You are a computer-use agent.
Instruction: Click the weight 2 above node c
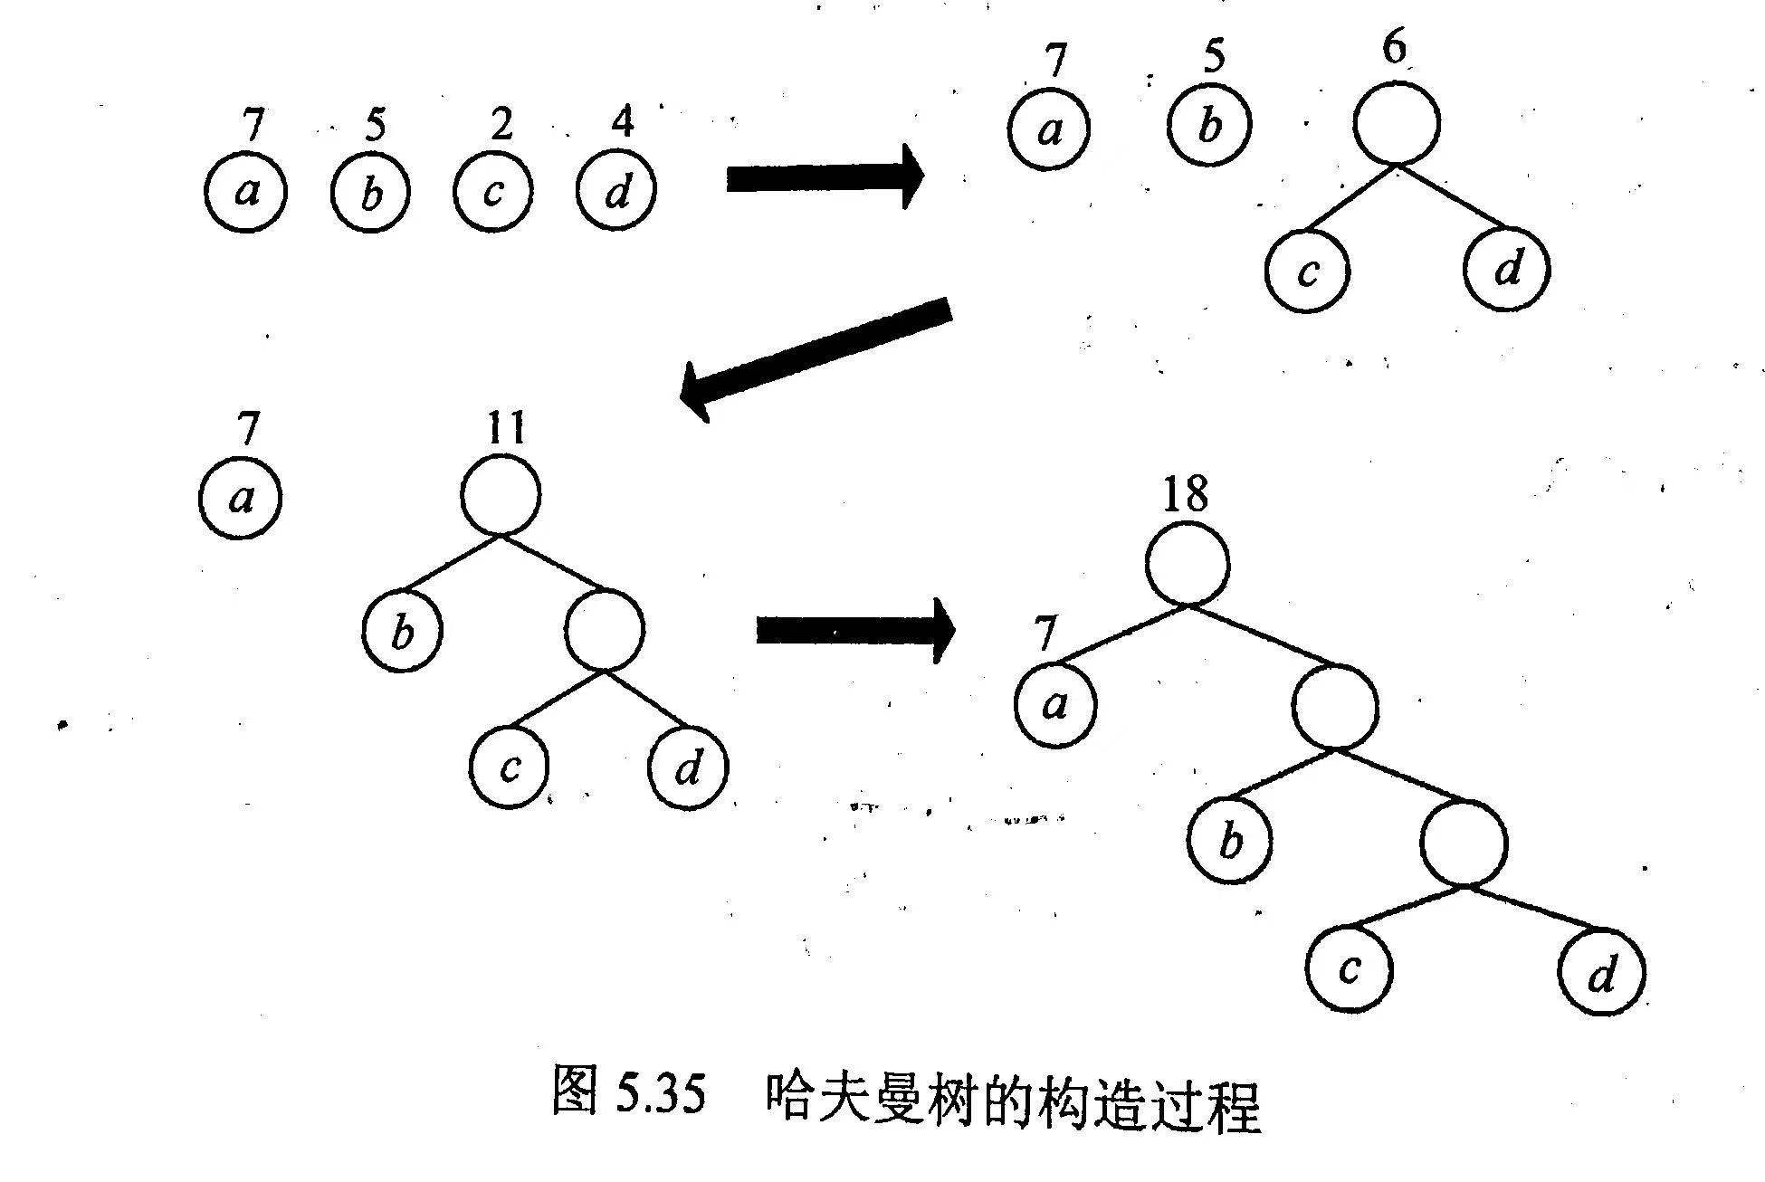(501, 125)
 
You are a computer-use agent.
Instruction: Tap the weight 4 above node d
(622, 121)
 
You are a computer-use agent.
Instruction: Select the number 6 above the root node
(1395, 48)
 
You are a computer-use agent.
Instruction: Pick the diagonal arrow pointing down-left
(815, 357)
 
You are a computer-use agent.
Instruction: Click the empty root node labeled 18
(1188, 564)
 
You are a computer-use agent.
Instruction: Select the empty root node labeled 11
(501, 496)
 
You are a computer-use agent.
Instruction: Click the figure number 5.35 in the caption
(659, 1097)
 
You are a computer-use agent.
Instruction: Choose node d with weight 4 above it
(616, 192)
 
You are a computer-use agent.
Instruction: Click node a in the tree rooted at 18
(1054, 705)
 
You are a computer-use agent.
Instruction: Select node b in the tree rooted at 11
(402, 631)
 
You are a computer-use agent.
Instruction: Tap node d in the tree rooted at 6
(1506, 269)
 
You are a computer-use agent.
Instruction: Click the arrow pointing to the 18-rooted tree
(854, 628)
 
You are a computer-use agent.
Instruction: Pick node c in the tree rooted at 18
(1349, 970)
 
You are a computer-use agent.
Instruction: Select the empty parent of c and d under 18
(1464, 843)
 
